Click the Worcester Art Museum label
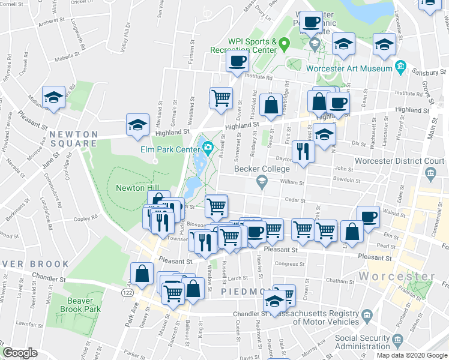coord(349,68)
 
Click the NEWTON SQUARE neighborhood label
coord(73,139)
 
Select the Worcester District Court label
coord(399,161)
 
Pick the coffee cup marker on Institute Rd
coord(237,61)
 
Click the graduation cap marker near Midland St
coord(53,97)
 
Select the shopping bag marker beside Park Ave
coord(142,273)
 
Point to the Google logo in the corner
coord(20,353)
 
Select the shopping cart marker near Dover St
coord(221,98)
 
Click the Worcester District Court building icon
coord(430,175)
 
